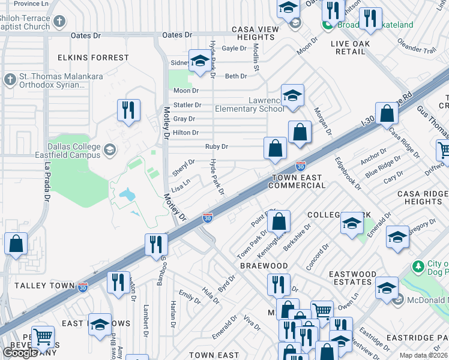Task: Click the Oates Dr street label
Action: click(x=85, y=36)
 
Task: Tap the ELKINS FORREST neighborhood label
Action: click(x=93, y=58)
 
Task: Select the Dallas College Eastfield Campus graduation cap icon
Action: click(x=109, y=149)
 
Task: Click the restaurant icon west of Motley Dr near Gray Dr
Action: click(x=128, y=110)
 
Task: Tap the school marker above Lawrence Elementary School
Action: click(x=292, y=95)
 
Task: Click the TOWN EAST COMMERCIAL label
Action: click(x=298, y=182)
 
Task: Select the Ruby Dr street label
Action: click(x=217, y=146)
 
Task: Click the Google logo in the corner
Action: click(x=20, y=353)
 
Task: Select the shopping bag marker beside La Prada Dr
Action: click(x=16, y=244)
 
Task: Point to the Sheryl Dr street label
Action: click(x=184, y=165)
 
